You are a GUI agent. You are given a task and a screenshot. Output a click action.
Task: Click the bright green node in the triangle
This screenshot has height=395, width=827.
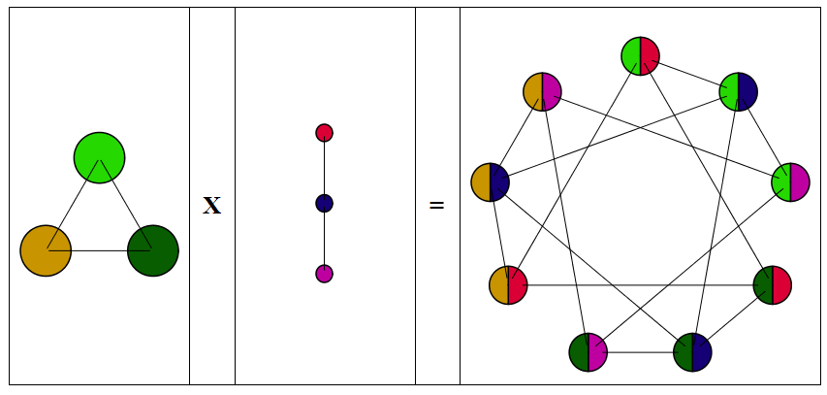[99, 157]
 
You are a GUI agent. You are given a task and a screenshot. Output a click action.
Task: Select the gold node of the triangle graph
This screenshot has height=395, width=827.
[46, 250]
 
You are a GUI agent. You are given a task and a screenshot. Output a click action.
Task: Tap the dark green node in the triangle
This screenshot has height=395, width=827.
[152, 250]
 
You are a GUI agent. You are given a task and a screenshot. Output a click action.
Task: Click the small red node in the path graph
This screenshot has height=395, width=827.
[324, 132]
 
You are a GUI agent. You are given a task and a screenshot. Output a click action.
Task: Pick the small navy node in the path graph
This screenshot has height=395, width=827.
[324, 203]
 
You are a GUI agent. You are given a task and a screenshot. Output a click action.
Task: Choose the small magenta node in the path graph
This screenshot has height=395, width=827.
[324, 274]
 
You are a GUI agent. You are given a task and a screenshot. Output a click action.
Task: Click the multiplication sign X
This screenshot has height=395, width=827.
[211, 206]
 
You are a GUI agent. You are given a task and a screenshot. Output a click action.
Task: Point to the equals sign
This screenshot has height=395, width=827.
[436, 206]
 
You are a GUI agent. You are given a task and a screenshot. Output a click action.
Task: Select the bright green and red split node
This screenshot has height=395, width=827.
[640, 55]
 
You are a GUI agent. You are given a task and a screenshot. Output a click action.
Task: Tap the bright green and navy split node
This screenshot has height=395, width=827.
[738, 91]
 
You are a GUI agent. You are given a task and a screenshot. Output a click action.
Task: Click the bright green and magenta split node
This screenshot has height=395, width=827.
[790, 182]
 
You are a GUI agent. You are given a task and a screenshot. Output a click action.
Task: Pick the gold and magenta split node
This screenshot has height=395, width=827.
[542, 91]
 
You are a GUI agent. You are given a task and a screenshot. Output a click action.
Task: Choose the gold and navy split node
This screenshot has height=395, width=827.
[490, 182]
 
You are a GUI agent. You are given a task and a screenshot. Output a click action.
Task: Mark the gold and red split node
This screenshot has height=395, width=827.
[508, 285]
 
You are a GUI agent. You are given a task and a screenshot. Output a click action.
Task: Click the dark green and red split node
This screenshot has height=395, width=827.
[772, 285]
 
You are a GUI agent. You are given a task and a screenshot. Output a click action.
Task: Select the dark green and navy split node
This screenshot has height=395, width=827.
[692, 352]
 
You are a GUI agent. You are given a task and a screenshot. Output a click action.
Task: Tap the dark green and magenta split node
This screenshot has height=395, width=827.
[588, 352]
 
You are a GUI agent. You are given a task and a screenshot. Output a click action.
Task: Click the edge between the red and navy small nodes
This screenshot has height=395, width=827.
[324, 167]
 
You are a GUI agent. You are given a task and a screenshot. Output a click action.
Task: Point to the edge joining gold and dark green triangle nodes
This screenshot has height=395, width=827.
[99, 250]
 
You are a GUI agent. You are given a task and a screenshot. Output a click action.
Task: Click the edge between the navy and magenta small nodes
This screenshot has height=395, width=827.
[324, 239]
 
